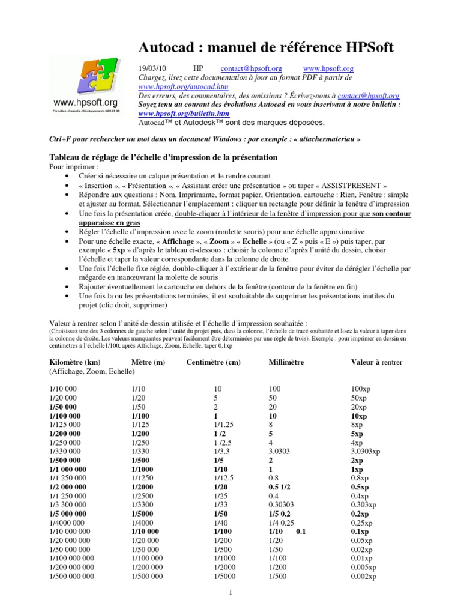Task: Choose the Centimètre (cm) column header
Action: [x=214, y=362]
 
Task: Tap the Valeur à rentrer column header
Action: [x=376, y=362]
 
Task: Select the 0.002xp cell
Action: [x=364, y=577]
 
